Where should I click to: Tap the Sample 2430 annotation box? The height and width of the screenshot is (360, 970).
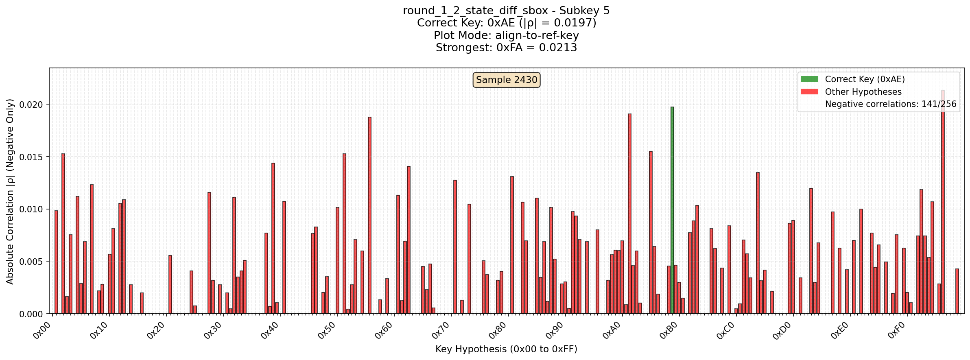tap(506, 80)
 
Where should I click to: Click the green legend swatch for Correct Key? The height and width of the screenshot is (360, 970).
tap(809, 79)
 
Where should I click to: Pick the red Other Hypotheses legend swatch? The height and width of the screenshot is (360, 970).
tap(809, 92)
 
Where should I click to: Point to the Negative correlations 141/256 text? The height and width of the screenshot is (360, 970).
tap(890, 104)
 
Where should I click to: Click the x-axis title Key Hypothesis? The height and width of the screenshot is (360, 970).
tap(506, 349)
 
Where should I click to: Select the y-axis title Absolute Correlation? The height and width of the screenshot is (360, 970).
tap(10, 191)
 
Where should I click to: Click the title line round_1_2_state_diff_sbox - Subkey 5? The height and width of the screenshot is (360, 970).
tap(506, 11)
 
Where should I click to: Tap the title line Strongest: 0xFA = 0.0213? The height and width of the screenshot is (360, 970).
tap(506, 48)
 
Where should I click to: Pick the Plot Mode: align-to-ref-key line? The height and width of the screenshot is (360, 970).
tap(506, 36)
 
